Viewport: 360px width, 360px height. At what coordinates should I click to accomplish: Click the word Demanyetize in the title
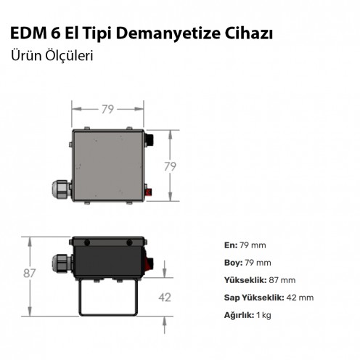click(168, 34)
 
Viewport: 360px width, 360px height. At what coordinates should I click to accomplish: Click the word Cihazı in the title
click(249, 33)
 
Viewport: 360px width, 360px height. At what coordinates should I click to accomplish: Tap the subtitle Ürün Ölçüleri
click(52, 56)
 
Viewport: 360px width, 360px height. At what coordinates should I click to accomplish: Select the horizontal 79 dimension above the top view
click(107, 110)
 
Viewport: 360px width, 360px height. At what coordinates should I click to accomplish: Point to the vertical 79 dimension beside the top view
click(170, 166)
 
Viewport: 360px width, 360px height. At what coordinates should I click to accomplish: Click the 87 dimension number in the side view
click(30, 273)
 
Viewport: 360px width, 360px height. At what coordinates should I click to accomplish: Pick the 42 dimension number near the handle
click(165, 298)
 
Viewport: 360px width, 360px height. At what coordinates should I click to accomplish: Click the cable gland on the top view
click(61, 189)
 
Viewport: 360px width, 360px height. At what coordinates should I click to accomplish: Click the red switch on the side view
click(149, 263)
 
